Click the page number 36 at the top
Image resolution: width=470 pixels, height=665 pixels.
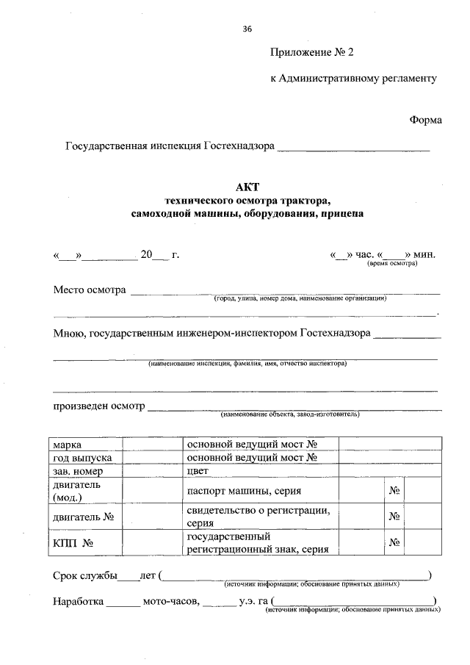(247, 29)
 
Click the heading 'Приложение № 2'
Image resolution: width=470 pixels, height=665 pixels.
(311, 52)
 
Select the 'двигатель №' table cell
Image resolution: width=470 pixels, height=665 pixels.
(82, 517)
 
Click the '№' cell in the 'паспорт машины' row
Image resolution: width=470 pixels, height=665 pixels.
(394, 490)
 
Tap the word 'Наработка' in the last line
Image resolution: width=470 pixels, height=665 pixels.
(77, 603)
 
